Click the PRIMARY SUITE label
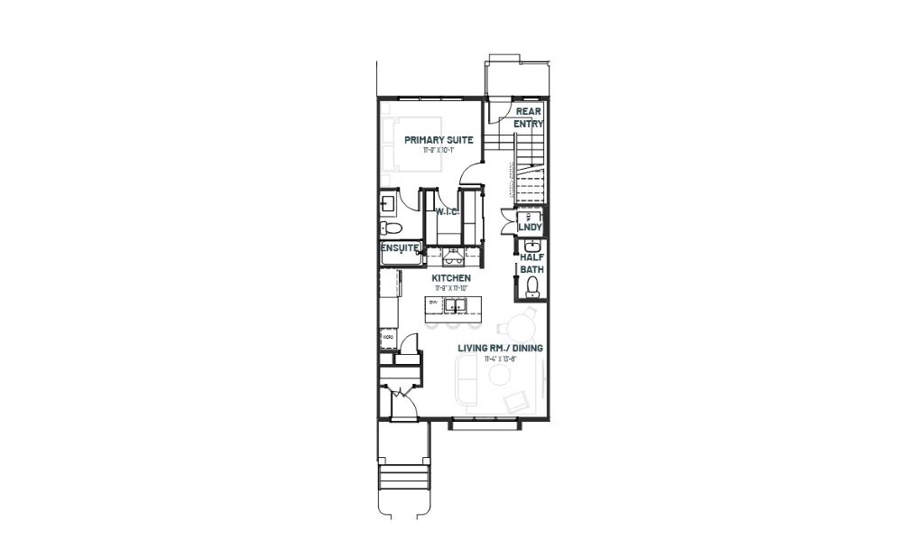pyautogui.click(x=439, y=140)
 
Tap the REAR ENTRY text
pyautogui.click(x=528, y=117)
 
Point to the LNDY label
pyautogui.click(x=530, y=227)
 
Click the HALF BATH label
pyautogui.click(x=531, y=263)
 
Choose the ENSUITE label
pyautogui.click(x=399, y=247)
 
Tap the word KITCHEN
pyautogui.click(x=450, y=277)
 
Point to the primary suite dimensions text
pyautogui.click(x=439, y=151)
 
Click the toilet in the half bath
pyautogui.click(x=531, y=287)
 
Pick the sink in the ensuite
pyautogui.click(x=388, y=202)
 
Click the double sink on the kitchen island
pyautogui.click(x=457, y=303)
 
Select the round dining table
pyautogui.click(x=522, y=327)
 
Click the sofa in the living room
pyautogui.click(x=467, y=379)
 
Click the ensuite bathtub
pyautogui.click(x=399, y=257)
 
